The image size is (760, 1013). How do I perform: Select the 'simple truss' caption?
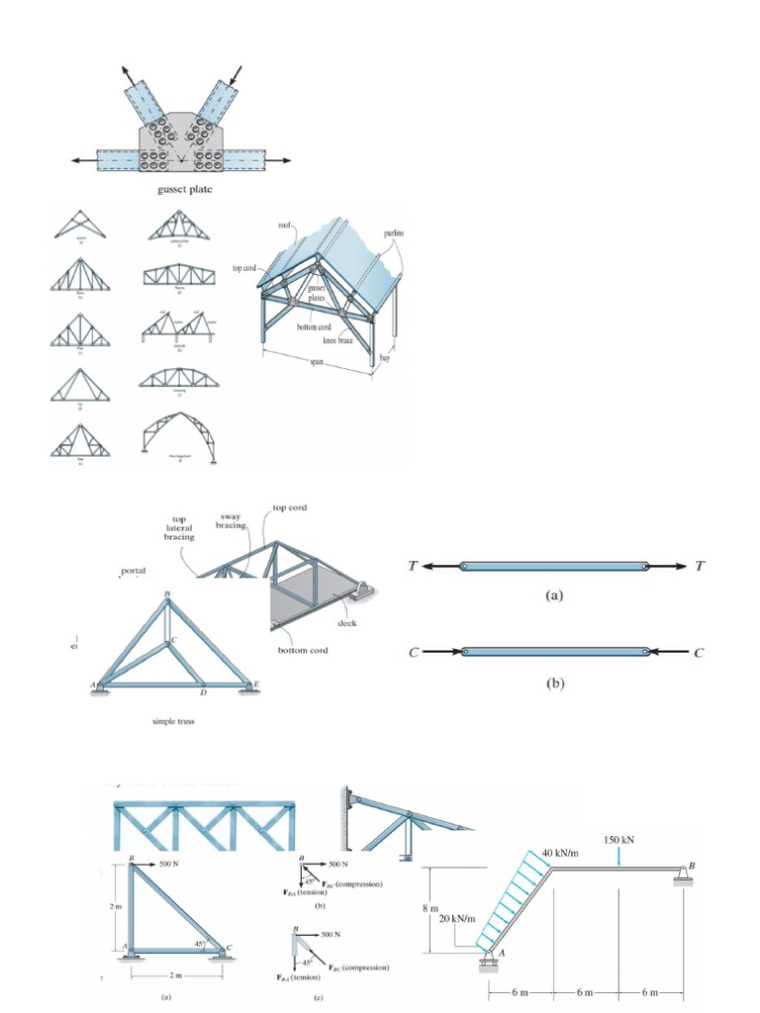(x=173, y=721)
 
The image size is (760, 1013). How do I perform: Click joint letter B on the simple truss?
(x=167, y=594)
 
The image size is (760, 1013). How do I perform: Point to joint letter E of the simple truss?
(x=255, y=684)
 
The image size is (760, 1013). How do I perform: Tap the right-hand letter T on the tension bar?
(x=701, y=566)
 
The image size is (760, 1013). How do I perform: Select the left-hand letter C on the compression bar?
(x=414, y=652)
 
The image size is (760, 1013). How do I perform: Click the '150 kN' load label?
(x=619, y=839)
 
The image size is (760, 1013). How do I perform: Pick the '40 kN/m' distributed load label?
(x=559, y=852)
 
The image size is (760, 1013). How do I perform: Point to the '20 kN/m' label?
(x=455, y=918)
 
